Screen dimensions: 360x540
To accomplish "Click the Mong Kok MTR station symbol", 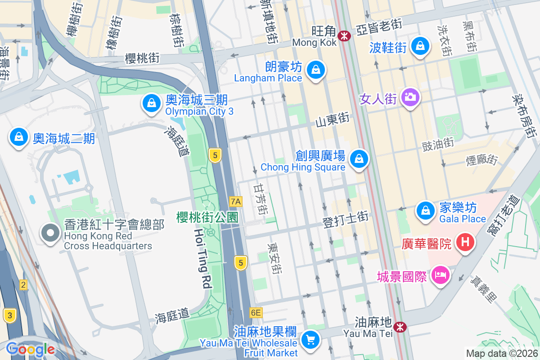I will coord(345,36).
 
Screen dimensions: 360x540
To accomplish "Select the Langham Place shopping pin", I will coord(316,70).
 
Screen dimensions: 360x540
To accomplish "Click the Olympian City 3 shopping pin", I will coord(152,103).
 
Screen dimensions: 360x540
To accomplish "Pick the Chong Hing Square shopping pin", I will coord(359,159).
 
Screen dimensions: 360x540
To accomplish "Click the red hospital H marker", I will coord(465,243).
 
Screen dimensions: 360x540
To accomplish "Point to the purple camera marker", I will coord(410,97).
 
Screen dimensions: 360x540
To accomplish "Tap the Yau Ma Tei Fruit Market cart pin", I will coord(310,339).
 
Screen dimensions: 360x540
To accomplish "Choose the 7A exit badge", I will coord(235,201).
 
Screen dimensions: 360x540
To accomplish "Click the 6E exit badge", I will coord(256,312).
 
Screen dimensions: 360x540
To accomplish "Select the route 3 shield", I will coord(9,315).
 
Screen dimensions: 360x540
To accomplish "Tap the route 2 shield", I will coord(23,284).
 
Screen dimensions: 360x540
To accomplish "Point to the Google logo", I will coord(30,349).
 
